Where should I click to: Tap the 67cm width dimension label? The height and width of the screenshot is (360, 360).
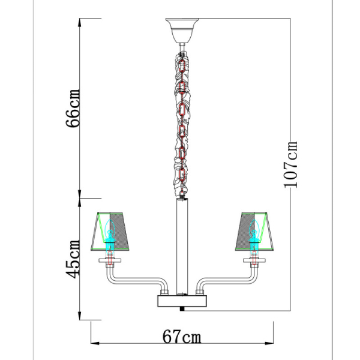point(181,337)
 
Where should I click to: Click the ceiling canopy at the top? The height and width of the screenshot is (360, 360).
point(182,31)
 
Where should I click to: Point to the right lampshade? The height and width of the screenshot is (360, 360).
point(254,231)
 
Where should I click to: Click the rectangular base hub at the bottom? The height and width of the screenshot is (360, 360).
point(182,300)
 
